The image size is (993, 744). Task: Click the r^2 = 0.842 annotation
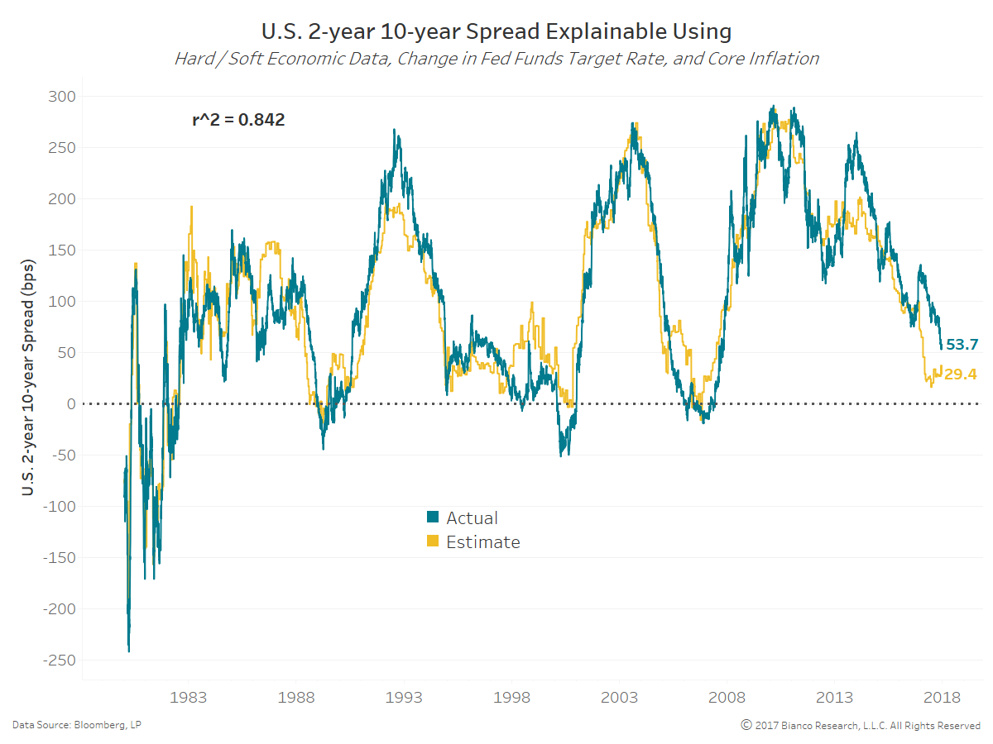(x=238, y=120)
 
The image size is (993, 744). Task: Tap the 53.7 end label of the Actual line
(x=962, y=345)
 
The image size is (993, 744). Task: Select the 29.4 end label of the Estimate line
(x=960, y=374)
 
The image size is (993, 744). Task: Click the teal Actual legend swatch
(x=432, y=518)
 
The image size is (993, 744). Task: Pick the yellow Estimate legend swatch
(x=432, y=542)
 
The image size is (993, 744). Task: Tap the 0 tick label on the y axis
(x=70, y=404)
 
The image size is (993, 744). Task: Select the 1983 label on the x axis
(x=188, y=698)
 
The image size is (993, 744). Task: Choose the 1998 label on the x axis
(x=511, y=698)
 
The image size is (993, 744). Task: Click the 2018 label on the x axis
(x=943, y=698)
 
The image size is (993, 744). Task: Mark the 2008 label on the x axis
(x=727, y=698)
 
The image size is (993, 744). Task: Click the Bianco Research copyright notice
(x=861, y=725)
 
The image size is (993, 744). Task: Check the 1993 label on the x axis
(x=404, y=698)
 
